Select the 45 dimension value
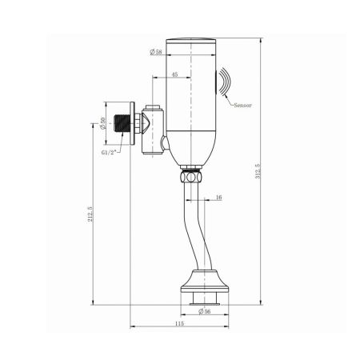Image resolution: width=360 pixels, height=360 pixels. [x=174, y=74]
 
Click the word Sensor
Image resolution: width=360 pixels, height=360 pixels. [x=243, y=105]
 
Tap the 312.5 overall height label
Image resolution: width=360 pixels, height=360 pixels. [x=258, y=172]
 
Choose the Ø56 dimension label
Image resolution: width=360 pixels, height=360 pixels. [x=206, y=312]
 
